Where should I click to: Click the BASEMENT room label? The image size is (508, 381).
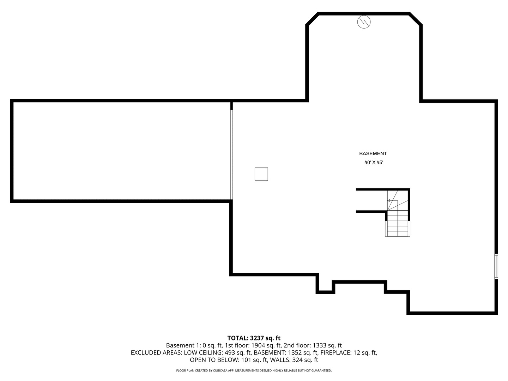[x=373, y=153]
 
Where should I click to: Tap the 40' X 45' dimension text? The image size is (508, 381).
[x=374, y=163]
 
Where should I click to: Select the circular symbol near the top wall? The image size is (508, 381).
[x=364, y=22]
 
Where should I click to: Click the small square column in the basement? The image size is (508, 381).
[x=261, y=174]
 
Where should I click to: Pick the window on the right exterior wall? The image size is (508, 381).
[x=496, y=266]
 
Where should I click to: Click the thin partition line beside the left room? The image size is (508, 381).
[x=231, y=155]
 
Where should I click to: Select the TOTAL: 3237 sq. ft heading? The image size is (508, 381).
[x=254, y=338]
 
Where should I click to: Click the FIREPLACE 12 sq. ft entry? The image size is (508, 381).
[x=349, y=353]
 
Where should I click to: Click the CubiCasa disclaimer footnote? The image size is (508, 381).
[x=254, y=370]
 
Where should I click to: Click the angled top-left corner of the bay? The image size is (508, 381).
[x=312, y=19]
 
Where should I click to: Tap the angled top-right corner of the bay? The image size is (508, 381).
[x=416, y=19]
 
